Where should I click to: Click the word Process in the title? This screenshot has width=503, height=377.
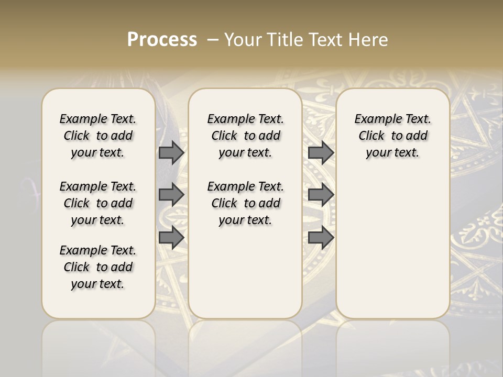162,40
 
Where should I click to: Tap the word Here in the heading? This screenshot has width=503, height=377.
368,40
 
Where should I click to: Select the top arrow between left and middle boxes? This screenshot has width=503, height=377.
171,152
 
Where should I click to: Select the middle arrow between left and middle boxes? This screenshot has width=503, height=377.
171,195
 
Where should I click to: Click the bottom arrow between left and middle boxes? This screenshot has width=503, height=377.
171,237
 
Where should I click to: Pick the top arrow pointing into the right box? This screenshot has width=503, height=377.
321,152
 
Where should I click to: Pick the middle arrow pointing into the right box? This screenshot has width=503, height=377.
321,195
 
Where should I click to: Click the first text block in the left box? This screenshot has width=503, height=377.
98,136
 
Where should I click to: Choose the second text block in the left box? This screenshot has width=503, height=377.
98,203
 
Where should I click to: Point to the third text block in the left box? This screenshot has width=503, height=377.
98,267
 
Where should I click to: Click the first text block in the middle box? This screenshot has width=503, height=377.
245,136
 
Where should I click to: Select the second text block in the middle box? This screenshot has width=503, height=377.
245,203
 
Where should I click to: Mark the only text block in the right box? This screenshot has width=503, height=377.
392,136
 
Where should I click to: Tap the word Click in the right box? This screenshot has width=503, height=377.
371,136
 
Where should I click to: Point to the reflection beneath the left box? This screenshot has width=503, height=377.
99,346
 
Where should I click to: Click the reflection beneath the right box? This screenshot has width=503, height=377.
393,346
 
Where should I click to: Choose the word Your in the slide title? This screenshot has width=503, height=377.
240,40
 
